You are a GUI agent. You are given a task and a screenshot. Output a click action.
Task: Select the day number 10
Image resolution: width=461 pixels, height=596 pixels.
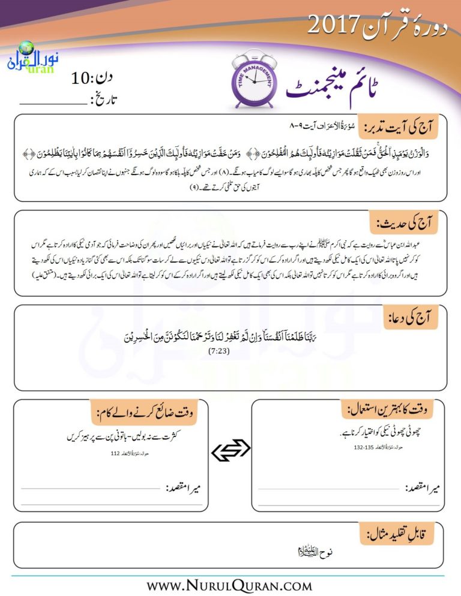(x=82, y=78)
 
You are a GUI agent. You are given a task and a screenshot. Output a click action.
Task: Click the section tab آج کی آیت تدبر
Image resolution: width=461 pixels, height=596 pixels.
(x=399, y=125)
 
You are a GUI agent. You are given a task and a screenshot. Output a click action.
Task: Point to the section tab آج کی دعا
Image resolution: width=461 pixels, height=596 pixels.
(x=415, y=318)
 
